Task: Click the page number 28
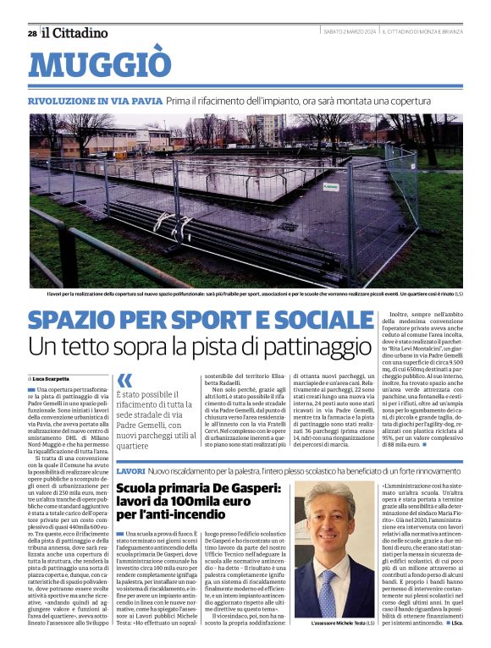32,33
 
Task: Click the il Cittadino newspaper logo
75,32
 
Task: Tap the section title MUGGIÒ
99,65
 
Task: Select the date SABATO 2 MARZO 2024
349,31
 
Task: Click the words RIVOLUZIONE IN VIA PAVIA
94,101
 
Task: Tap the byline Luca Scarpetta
52,378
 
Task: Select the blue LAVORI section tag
130,470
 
